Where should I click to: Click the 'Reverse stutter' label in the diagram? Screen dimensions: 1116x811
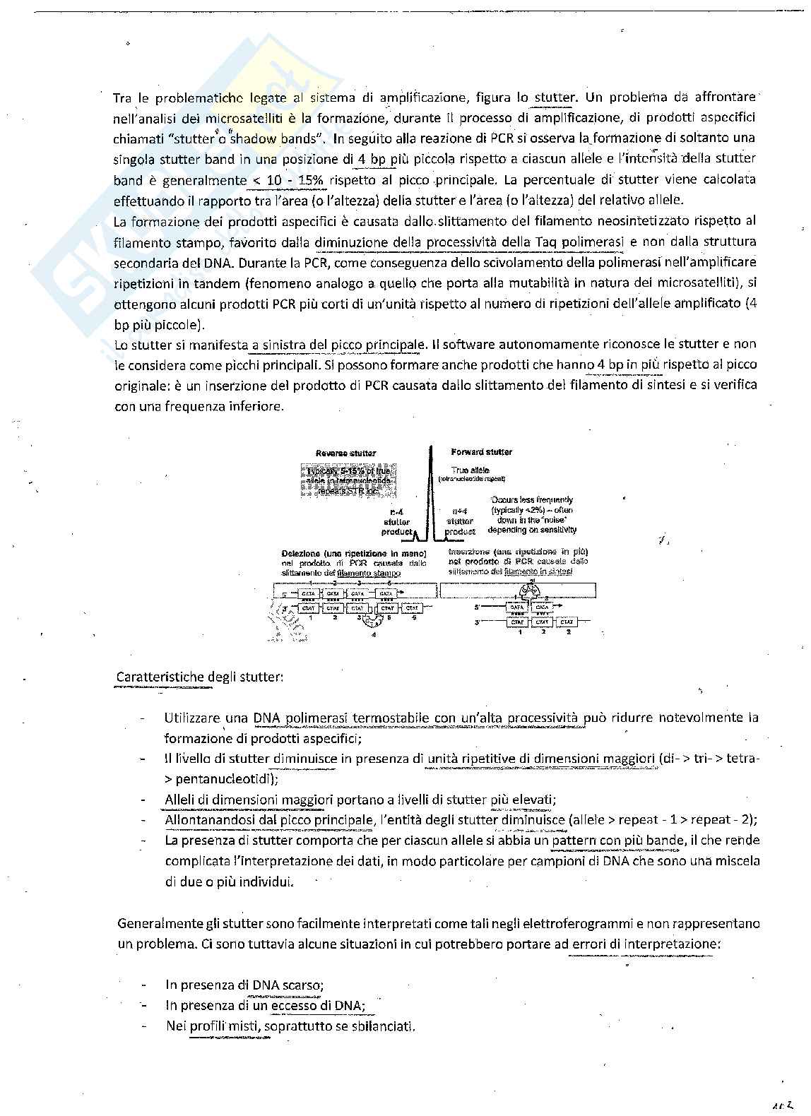click(x=345, y=453)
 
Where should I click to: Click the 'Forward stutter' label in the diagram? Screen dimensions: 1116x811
click(x=481, y=451)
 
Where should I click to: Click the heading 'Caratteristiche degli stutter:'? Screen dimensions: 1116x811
click(x=200, y=677)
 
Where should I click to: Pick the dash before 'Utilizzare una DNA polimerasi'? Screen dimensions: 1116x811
click(x=143, y=718)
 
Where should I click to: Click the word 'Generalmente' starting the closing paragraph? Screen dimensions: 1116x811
click(x=157, y=923)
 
